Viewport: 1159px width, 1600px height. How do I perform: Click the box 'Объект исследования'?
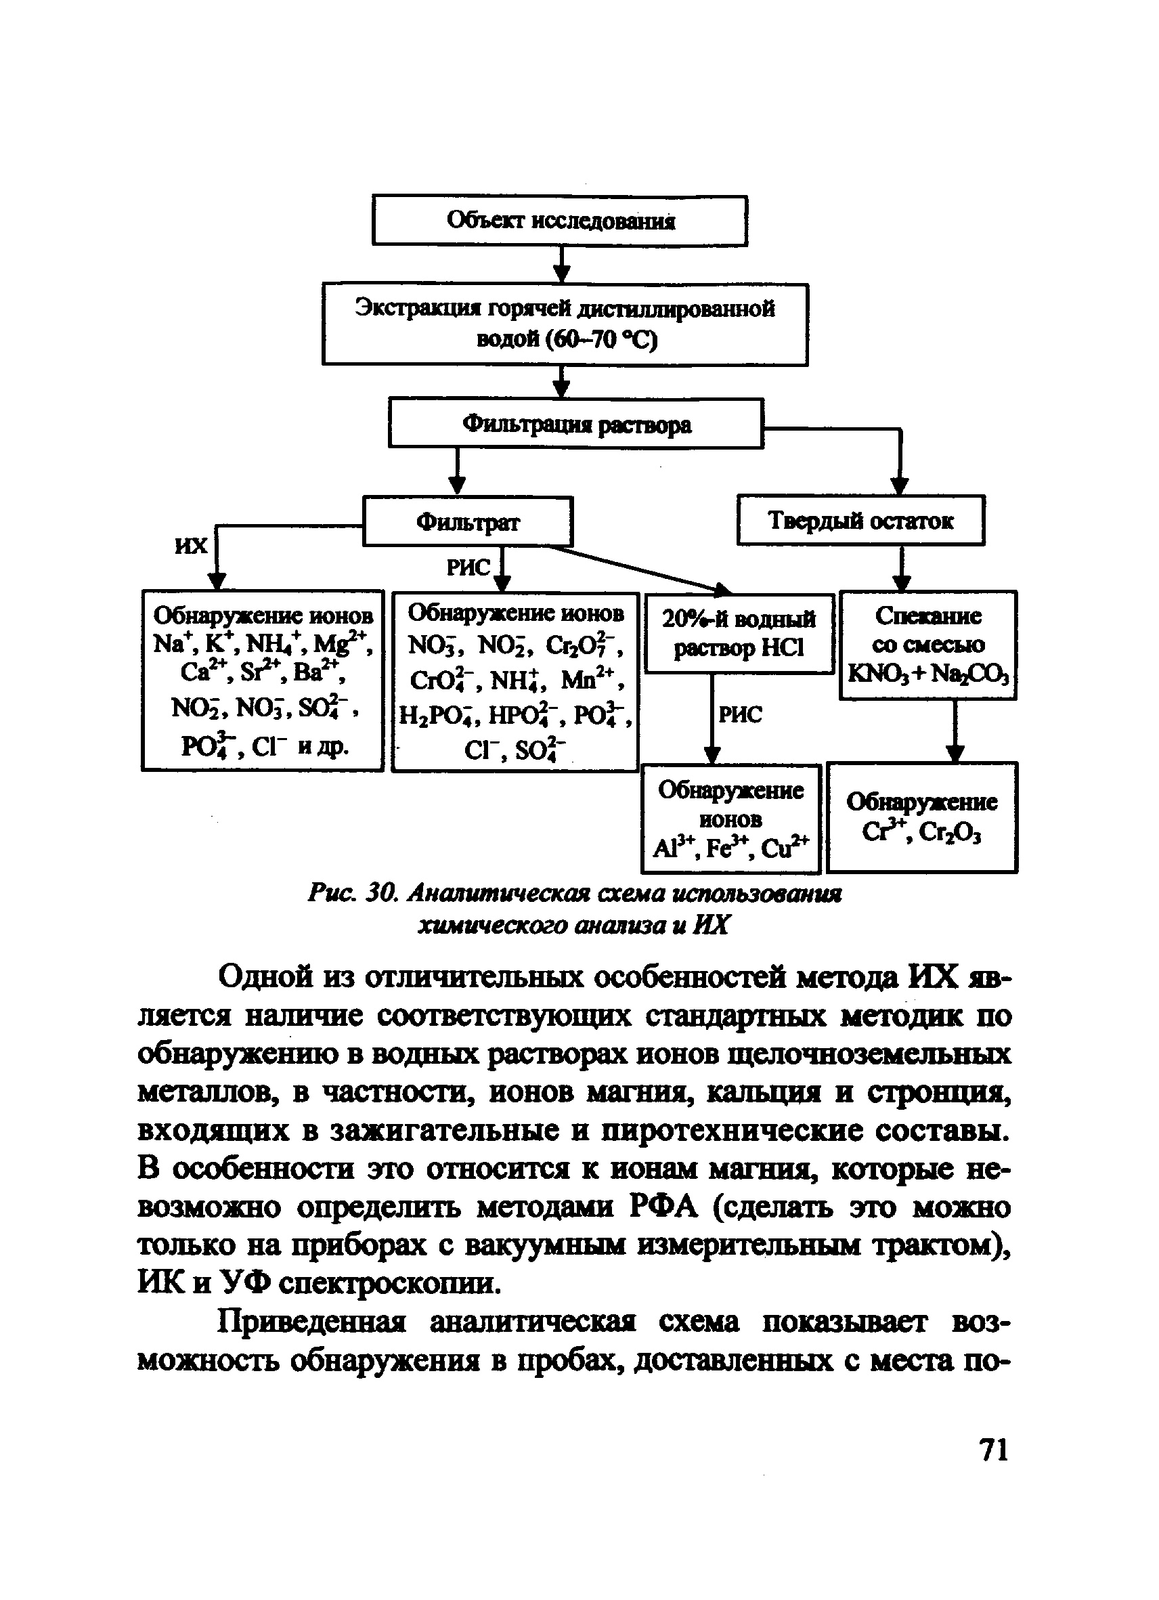point(559,221)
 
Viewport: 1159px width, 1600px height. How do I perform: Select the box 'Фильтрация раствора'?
point(575,423)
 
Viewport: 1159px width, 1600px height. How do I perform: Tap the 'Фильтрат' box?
point(467,521)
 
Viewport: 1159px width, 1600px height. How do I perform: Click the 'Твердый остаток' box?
point(860,521)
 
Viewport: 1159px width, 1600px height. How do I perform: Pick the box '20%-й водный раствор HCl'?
point(739,634)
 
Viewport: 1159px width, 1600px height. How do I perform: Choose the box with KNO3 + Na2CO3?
point(927,645)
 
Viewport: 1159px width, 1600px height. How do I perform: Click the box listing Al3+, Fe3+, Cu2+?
point(731,819)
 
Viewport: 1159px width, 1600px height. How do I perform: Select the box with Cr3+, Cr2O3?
point(921,817)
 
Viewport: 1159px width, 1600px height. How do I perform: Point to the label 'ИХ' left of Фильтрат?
point(191,546)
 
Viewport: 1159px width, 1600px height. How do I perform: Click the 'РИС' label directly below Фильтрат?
point(468,567)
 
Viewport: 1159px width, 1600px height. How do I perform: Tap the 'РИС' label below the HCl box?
point(740,714)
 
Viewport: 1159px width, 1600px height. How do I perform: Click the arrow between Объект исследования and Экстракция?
point(561,265)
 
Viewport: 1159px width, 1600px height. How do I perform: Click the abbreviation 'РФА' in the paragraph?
point(662,1207)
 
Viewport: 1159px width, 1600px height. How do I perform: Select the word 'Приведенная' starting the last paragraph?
point(310,1321)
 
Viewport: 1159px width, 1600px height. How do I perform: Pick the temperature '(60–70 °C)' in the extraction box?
point(567,339)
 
